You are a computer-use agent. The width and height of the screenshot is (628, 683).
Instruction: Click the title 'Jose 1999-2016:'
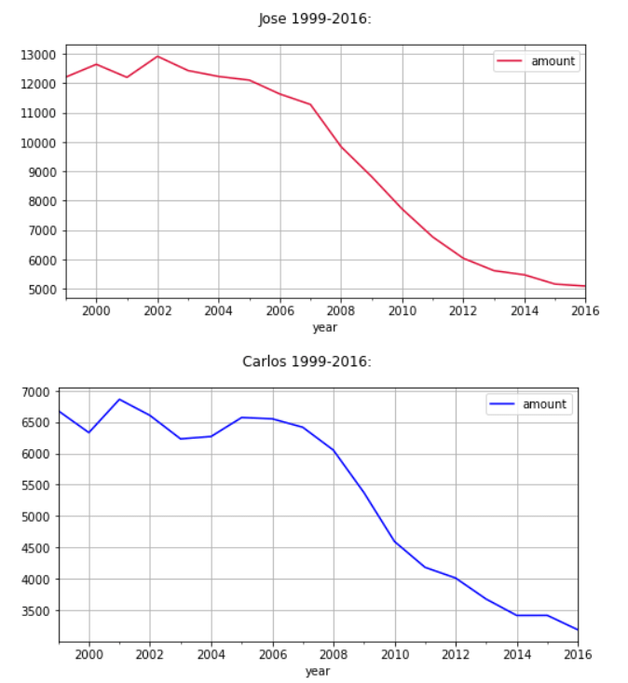click(x=314, y=19)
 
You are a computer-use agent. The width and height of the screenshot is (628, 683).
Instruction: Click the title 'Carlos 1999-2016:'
click(x=307, y=362)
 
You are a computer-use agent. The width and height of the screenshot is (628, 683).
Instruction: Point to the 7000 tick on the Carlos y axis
click(x=36, y=392)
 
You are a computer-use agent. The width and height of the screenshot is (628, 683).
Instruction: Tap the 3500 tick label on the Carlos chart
click(x=36, y=611)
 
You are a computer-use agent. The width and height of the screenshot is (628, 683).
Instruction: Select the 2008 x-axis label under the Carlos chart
click(x=334, y=654)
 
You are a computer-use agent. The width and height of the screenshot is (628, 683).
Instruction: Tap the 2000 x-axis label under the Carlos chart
click(x=89, y=654)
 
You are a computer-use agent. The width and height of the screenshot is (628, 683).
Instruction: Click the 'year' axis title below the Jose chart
click(x=325, y=327)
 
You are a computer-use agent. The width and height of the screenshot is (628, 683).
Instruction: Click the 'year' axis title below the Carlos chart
click(x=318, y=670)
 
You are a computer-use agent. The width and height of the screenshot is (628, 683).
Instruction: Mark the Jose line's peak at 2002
click(x=157, y=56)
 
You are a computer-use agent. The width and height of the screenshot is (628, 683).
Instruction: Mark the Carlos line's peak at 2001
click(x=119, y=399)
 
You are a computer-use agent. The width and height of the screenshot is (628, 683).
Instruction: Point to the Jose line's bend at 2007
click(x=310, y=104)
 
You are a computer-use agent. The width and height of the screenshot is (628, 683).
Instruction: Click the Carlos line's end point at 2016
click(x=578, y=630)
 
